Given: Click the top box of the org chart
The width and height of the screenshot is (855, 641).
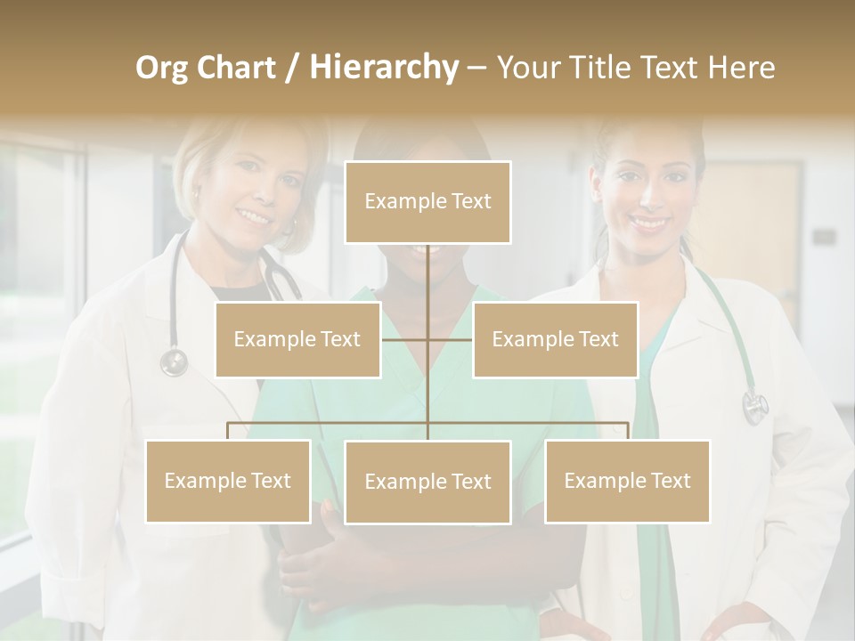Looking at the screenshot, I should click(x=427, y=202).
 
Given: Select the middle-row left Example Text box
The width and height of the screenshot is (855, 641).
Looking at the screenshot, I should click(x=297, y=339).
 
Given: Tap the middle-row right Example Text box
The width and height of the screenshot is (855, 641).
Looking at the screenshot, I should click(x=555, y=339).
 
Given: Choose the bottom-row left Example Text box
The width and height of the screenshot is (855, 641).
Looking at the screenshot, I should click(x=228, y=481).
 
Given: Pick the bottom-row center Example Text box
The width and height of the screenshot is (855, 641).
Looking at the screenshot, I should click(x=427, y=482).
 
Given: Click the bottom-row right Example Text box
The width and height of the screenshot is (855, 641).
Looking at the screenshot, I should click(x=627, y=481).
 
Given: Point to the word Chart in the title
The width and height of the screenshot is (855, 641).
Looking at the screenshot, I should click(x=236, y=68).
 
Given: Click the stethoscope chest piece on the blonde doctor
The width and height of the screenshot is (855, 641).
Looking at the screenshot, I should click(x=174, y=362).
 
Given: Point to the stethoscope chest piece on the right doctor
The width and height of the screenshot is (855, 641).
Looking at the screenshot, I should click(x=755, y=407).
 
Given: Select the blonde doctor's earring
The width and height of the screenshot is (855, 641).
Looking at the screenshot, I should click(x=194, y=194).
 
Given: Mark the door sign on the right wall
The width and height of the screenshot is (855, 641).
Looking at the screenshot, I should click(x=824, y=237).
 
